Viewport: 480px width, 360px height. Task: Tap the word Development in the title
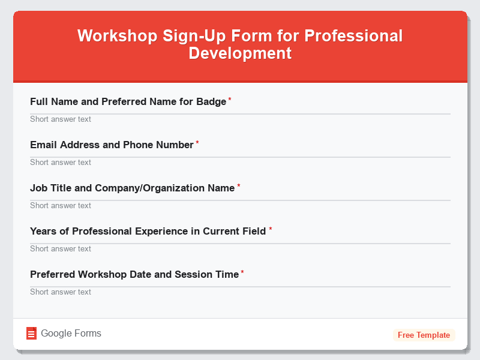click(240, 53)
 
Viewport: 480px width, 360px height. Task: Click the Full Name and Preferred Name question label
click(128, 101)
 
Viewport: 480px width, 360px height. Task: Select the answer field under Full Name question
click(240, 119)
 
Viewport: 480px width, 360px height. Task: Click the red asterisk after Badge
click(230, 100)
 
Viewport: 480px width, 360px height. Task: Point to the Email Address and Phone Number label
click(112, 145)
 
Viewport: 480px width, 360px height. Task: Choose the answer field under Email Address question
click(240, 162)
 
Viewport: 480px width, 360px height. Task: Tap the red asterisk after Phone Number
click(197, 143)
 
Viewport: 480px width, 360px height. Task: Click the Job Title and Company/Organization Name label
click(132, 188)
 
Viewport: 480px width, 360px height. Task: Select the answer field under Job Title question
click(240, 205)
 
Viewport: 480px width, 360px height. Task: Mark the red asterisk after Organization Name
click(238, 186)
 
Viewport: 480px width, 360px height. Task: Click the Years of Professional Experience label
click(148, 231)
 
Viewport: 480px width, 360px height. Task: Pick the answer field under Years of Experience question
click(240, 248)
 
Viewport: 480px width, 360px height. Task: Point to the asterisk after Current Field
click(270, 229)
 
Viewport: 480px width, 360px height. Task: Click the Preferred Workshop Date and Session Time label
click(134, 274)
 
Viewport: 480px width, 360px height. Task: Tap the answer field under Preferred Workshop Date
click(240, 292)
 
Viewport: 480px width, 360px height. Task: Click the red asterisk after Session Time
click(242, 272)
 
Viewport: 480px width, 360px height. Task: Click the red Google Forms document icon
click(31, 334)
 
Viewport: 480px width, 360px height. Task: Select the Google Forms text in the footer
click(71, 334)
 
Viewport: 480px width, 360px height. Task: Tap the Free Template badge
click(424, 335)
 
